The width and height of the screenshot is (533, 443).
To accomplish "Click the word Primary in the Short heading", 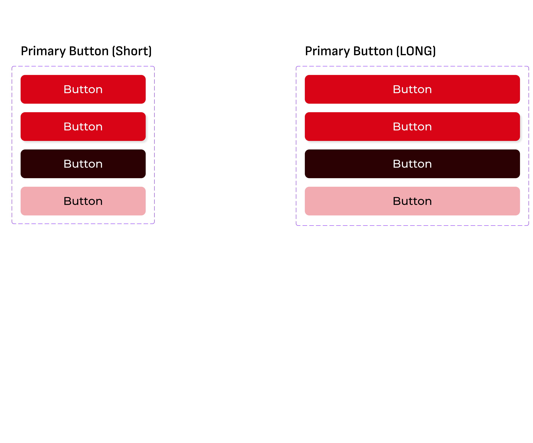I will (43, 51).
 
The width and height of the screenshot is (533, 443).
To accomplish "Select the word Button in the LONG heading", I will (373, 51).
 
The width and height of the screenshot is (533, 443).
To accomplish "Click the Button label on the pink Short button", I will (83, 201).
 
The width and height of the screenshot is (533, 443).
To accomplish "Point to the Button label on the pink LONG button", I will (412, 201).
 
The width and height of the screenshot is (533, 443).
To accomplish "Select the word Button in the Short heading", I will (89, 51).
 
